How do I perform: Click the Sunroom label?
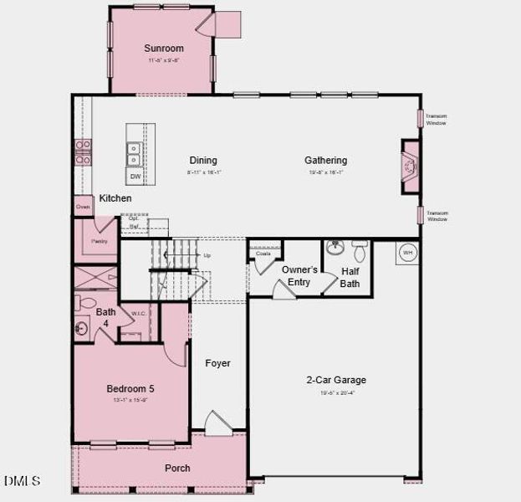click(x=163, y=49)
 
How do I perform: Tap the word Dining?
click(x=203, y=161)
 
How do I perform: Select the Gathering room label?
click(x=325, y=161)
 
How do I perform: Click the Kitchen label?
click(x=115, y=198)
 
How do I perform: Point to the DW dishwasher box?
click(x=135, y=177)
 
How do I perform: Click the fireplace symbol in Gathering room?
click(x=409, y=167)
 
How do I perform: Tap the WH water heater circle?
click(x=407, y=252)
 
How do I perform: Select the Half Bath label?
click(x=350, y=277)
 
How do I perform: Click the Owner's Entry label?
click(x=299, y=276)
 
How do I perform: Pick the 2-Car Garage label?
click(x=335, y=380)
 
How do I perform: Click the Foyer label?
click(x=217, y=363)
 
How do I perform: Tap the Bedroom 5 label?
click(x=130, y=388)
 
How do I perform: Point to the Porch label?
click(x=177, y=468)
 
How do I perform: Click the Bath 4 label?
click(x=105, y=317)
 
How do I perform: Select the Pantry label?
click(x=100, y=241)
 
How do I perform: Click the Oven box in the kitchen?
click(x=83, y=207)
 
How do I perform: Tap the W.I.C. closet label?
click(x=139, y=315)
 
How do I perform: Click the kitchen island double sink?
click(x=135, y=153)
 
